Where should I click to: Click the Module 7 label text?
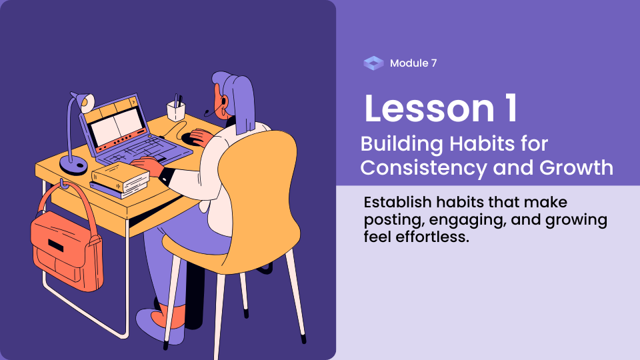pyautogui.click(x=413, y=63)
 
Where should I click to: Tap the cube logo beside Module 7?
pyautogui.click(x=373, y=63)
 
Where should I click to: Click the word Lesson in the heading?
pyautogui.click(x=429, y=109)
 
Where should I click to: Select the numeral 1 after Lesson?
pyautogui.click(x=511, y=109)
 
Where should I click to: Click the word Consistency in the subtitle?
pyautogui.click(x=423, y=168)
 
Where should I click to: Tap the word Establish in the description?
pyautogui.click(x=397, y=202)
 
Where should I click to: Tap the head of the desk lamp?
pyautogui.click(x=85, y=102)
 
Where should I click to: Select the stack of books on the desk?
pyautogui.click(x=120, y=180)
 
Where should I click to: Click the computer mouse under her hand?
pyautogui.click(x=191, y=138)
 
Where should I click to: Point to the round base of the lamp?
pyautogui.click(x=73, y=165)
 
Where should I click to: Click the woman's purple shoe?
pyautogui.click(x=157, y=325)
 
